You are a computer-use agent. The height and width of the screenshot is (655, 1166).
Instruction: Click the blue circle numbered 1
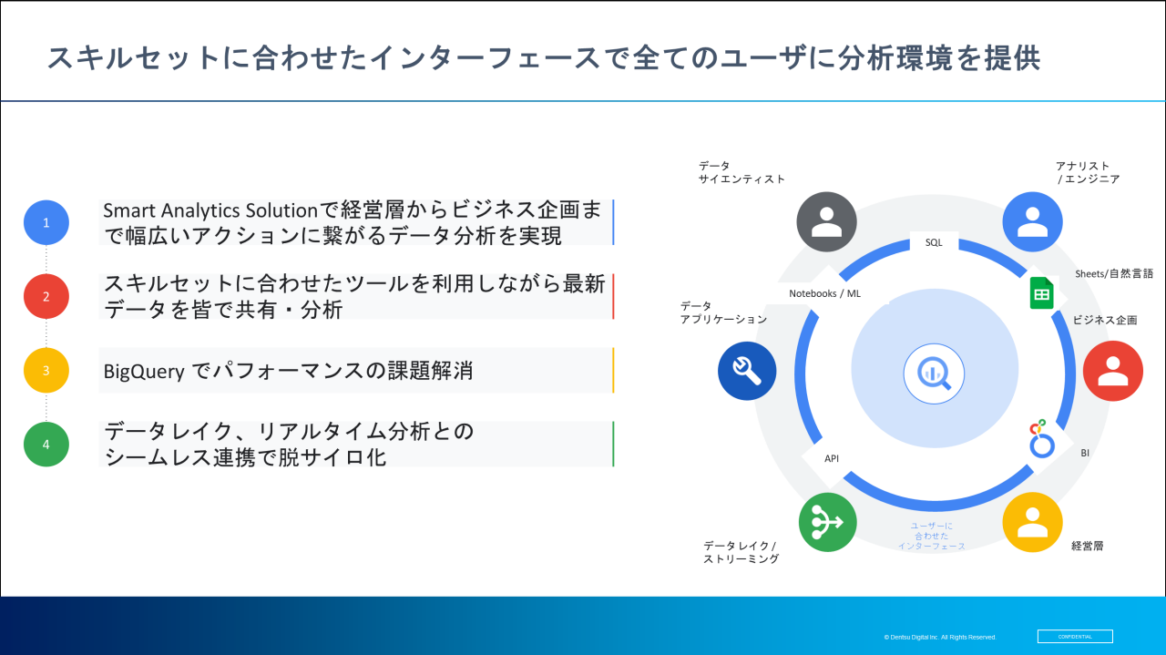(46, 222)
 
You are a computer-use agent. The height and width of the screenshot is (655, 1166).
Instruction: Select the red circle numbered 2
(46, 296)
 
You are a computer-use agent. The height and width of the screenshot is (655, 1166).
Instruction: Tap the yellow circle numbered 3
(46, 370)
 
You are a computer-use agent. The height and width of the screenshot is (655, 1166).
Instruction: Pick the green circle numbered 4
(46, 445)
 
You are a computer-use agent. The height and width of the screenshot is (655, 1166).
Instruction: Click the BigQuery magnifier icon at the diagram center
(934, 374)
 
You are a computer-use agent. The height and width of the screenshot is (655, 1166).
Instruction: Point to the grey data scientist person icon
(826, 221)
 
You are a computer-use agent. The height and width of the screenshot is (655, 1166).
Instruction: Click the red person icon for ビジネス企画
(1113, 371)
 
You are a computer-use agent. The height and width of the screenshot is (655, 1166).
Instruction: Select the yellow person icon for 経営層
(1032, 522)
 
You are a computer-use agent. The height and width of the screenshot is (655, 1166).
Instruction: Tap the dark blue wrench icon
(747, 371)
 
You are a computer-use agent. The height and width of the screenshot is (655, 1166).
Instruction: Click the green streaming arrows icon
(827, 522)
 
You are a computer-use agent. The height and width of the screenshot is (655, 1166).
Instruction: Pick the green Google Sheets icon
(1041, 293)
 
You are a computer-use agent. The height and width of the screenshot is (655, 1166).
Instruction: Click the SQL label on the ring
(934, 242)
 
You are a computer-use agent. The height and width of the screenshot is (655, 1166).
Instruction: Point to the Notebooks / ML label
(824, 293)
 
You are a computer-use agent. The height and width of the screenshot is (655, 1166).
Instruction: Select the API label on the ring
(832, 458)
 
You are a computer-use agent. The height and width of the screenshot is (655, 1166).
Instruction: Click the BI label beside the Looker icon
(1085, 453)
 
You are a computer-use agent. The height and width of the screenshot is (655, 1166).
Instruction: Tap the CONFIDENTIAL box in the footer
(1075, 636)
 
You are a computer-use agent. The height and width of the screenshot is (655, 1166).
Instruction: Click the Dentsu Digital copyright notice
(939, 638)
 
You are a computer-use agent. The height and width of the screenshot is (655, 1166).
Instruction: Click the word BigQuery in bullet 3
(144, 372)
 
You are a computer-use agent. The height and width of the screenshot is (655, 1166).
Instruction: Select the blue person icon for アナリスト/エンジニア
(1032, 221)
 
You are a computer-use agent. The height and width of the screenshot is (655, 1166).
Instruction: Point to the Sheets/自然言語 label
(1114, 274)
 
